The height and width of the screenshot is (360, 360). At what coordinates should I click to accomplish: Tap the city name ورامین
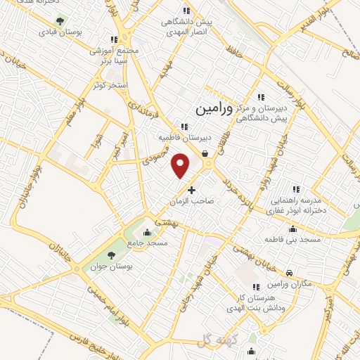click(210, 109)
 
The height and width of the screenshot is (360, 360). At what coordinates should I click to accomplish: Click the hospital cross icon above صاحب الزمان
click(191, 190)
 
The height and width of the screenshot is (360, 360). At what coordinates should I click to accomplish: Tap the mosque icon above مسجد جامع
click(147, 232)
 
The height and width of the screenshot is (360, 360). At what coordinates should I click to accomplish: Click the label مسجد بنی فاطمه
click(292, 240)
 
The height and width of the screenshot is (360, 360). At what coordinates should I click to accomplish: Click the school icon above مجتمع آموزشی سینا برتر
click(114, 39)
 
